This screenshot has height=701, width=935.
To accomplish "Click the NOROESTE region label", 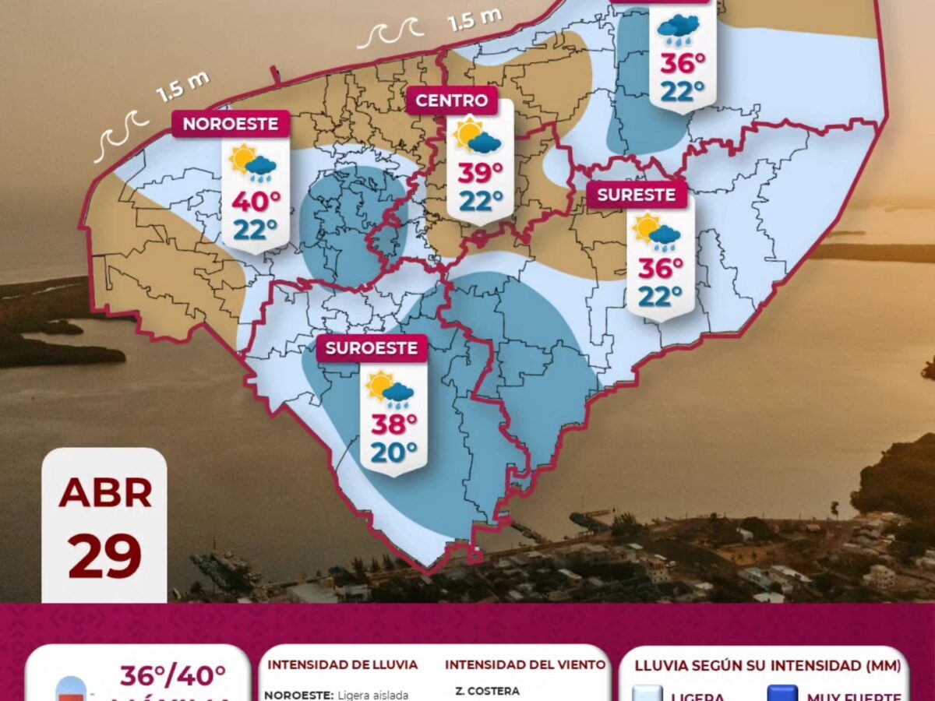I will click(231, 124).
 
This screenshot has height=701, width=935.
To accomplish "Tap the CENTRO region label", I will click(452, 100).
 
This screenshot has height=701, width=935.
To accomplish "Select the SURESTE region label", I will click(637, 195).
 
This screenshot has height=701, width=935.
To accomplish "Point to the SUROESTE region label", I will click(372, 348).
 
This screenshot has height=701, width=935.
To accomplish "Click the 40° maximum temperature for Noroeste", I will click(256, 201).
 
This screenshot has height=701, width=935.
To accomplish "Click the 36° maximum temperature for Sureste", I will click(661, 268).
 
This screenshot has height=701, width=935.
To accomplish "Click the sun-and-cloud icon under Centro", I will click(478, 136).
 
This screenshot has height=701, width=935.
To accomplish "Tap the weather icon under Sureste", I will click(656, 231).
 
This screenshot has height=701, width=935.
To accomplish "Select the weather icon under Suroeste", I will click(390, 389).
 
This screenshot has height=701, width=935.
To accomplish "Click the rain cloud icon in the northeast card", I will click(678, 30).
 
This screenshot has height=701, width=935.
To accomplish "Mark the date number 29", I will click(104, 556).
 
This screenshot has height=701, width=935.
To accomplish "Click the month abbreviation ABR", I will click(104, 493).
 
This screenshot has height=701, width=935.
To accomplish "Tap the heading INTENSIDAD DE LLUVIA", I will click(343, 665).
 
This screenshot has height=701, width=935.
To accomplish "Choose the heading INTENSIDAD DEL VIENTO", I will click(525, 665).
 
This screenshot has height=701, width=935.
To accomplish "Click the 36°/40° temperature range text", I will click(172, 675).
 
